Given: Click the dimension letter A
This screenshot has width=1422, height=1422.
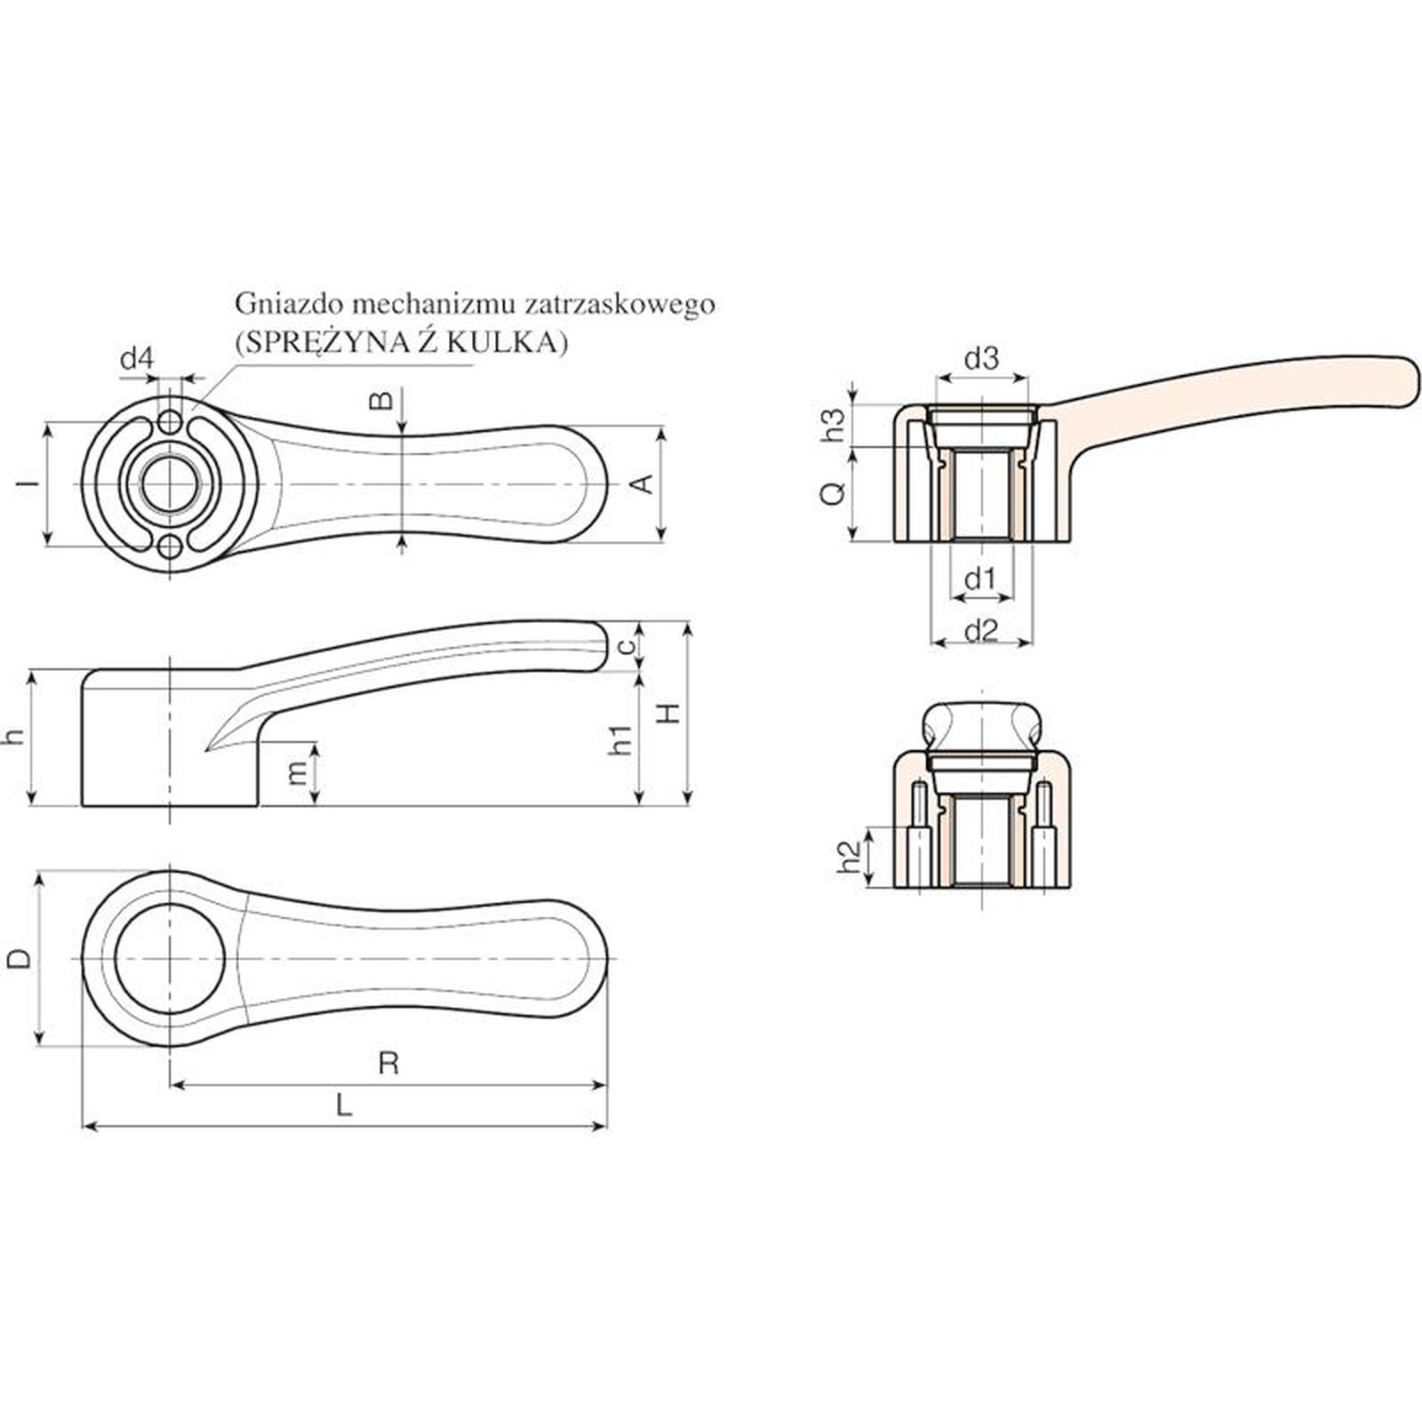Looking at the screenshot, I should coord(642,483).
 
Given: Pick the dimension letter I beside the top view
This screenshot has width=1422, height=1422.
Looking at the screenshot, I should coord(30,483).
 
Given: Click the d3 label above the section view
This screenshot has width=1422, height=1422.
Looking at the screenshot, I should coord(981,359).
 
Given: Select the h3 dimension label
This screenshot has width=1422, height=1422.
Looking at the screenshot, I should coord(833,424).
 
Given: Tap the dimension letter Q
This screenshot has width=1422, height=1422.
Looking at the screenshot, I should coord(833,493).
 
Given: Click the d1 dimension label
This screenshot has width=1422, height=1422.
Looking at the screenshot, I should coord(980,579).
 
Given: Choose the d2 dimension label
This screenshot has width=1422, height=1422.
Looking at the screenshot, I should coord(981,630).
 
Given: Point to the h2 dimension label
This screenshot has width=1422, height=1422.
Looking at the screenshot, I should coord(851,855).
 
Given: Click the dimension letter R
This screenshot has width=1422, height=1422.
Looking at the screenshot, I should coord(388,1063).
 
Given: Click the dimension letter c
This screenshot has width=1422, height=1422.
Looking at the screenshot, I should coord(627,645).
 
